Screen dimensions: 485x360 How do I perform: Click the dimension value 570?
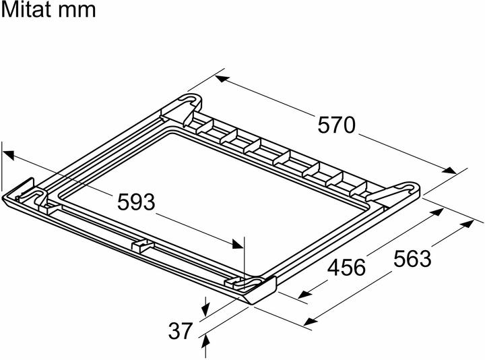point(337,125)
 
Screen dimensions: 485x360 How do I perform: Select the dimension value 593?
point(136,202)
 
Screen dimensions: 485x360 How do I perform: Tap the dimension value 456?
point(346,268)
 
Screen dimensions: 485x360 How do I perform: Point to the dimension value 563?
point(412,259)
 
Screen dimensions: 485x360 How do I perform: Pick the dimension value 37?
point(181,330)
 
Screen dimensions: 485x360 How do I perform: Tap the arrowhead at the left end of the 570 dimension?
point(222,79)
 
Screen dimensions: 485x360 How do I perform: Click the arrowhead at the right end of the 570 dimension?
point(449,171)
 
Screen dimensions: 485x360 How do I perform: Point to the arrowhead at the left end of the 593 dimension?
point(9,155)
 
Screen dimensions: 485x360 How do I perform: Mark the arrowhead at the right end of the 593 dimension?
point(238,243)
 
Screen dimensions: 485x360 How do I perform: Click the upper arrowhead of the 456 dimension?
point(437,212)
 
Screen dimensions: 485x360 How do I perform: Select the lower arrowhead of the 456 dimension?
point(304,294)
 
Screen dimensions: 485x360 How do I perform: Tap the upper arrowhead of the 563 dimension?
point(467,223)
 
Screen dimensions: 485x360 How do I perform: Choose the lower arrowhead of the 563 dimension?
point(311,322)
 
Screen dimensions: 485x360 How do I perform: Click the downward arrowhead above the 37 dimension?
point(205,308)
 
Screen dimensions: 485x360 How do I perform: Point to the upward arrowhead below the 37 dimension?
point(205,342)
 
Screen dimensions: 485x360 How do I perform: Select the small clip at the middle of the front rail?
point(142,245)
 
